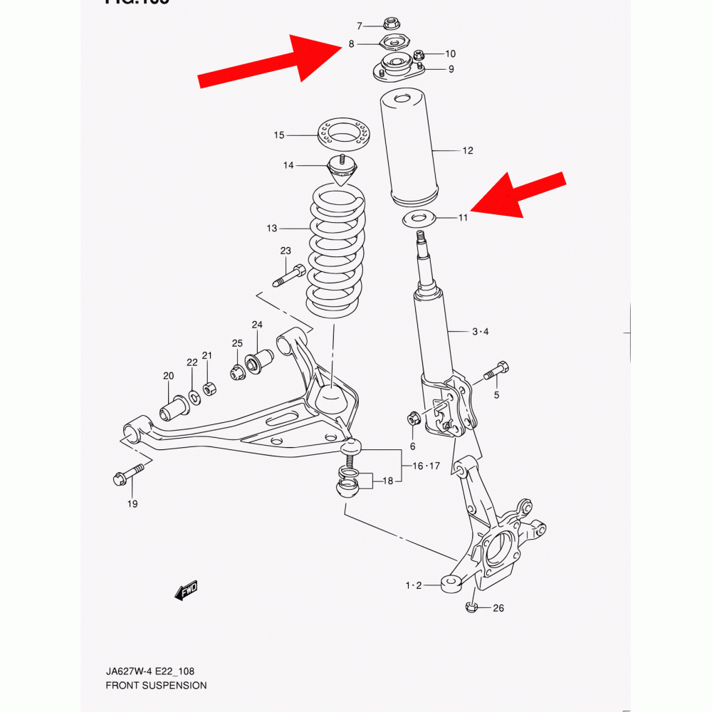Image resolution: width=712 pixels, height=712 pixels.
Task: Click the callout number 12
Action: pyautogui.click(x=467, y=150)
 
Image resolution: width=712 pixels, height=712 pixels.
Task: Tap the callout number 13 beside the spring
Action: pyautogui.click(x=272, y=229)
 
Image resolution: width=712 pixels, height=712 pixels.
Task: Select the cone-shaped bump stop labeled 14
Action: pyautogui.click(x=342, y=172)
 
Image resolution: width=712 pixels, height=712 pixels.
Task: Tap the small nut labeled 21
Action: pyautogui.click(x=210, y=388)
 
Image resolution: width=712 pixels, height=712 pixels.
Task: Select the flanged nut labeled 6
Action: pyautogui.click(x=413, y=419)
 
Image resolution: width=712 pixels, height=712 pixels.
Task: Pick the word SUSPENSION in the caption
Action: pyautogui.click(x=175, y=686)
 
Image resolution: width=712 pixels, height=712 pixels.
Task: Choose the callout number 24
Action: pyautogui.click(x=257, y=325)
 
